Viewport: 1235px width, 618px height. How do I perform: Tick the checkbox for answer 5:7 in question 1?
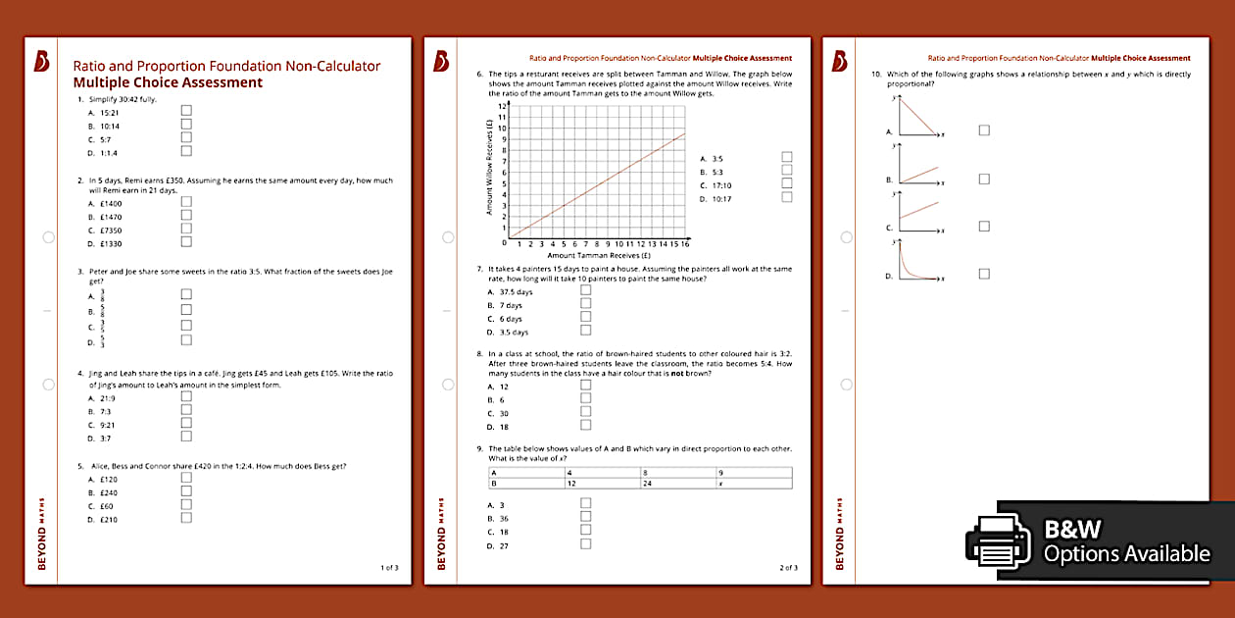(186, 138)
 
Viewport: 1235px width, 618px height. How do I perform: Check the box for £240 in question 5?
(186, 491)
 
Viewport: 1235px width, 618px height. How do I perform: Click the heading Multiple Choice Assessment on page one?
(168, 82)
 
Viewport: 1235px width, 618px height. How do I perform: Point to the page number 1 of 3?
(389, 567)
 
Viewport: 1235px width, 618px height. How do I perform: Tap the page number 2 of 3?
(788, 567)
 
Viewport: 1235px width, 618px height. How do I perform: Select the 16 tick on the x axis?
(684, 244)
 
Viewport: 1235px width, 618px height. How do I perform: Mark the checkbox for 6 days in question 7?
(586, 317)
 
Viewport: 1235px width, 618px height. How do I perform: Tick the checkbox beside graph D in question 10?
(984, 274)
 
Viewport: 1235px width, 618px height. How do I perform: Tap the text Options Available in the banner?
(1126, 554)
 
